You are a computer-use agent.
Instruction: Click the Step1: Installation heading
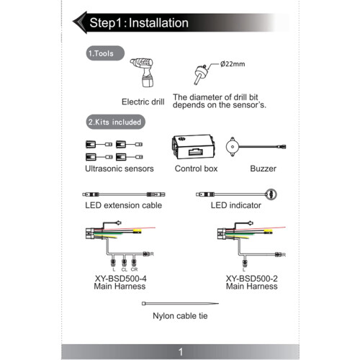point(139,23)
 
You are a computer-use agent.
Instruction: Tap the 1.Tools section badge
point(105,53)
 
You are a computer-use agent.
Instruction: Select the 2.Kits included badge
point(115,122)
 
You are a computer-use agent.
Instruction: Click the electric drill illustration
point(143,72)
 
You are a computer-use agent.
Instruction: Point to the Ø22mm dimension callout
point(233,64)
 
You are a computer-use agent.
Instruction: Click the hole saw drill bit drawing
point(199,74)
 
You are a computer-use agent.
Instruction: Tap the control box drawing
point(193,147)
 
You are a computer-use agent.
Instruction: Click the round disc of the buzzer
point(233,147)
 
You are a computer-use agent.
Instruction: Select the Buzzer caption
point(263,168)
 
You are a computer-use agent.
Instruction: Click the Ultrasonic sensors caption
point(120,168)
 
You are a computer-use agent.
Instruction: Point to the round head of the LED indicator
point(271,194)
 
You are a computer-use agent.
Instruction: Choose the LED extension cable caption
point(123,205)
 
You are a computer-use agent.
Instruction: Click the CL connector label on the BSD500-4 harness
point(124,270)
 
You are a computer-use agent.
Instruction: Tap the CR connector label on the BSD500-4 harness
point(134,269)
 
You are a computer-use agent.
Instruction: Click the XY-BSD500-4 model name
point(120,279)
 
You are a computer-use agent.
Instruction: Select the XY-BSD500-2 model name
point(252,279)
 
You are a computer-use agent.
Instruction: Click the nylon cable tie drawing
point(180,304)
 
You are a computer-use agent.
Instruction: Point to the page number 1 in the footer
point(181,352)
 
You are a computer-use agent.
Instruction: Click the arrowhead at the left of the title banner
point(80,22)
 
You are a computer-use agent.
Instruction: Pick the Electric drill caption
point(143,102)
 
